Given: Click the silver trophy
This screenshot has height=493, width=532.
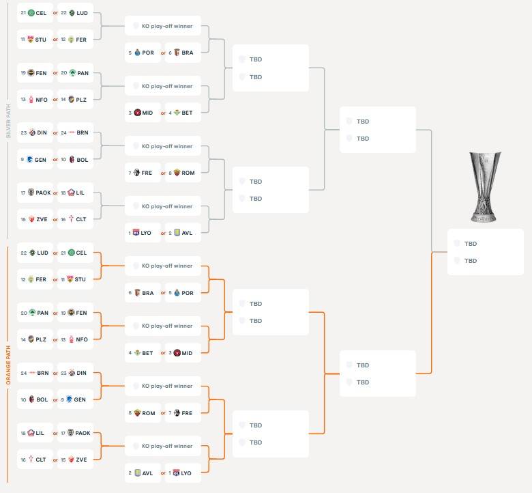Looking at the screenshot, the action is point(485,187).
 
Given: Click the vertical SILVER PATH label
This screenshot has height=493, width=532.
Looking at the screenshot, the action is point(8,121).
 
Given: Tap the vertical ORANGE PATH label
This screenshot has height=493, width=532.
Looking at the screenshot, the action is point(8,365).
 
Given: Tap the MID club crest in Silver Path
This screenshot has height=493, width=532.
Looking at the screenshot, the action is point(137,113).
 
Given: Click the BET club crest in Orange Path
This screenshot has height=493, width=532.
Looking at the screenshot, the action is point(137,353).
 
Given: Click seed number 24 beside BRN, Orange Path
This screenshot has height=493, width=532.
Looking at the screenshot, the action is point(24,373).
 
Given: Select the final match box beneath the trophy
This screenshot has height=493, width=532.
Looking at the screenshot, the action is point(486,252).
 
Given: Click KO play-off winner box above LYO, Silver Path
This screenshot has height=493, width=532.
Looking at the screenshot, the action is point(163,206).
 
